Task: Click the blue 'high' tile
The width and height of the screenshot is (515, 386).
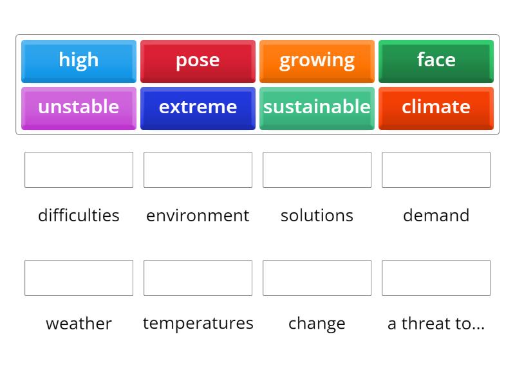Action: click(79, 60)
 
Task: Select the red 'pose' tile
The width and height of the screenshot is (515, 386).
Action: click(198, 60)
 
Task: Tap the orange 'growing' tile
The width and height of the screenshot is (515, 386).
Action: click(317, 60)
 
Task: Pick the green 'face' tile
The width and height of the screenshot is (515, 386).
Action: click(436, 60)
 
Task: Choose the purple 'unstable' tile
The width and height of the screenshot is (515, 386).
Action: click(79, 107)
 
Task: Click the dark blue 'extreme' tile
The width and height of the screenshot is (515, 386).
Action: click(198, 107)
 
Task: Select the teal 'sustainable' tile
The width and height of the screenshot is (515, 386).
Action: click(317, 107)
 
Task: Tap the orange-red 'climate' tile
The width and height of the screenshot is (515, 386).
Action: click(436, 107)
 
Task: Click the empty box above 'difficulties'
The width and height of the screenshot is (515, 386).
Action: click(79, 170)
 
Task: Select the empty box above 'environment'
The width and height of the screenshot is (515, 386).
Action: click(198, 170)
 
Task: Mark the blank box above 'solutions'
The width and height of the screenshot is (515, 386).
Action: click(317, 170)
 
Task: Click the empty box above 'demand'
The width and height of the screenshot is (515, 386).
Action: click(436, 170)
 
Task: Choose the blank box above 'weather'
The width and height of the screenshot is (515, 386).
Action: click(79, 278)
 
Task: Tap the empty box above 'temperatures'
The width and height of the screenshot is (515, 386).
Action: click(198, 278)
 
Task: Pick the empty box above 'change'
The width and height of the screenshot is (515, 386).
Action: click(317, 278)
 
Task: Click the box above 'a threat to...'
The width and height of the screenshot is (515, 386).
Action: click(436, 278)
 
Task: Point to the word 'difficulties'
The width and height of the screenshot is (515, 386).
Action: click(79, 215)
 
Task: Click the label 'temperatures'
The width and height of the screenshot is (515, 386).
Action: click(198, 323)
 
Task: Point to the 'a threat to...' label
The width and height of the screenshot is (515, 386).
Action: click(436, 323)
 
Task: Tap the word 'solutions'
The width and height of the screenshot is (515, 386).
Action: click(317, 215)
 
